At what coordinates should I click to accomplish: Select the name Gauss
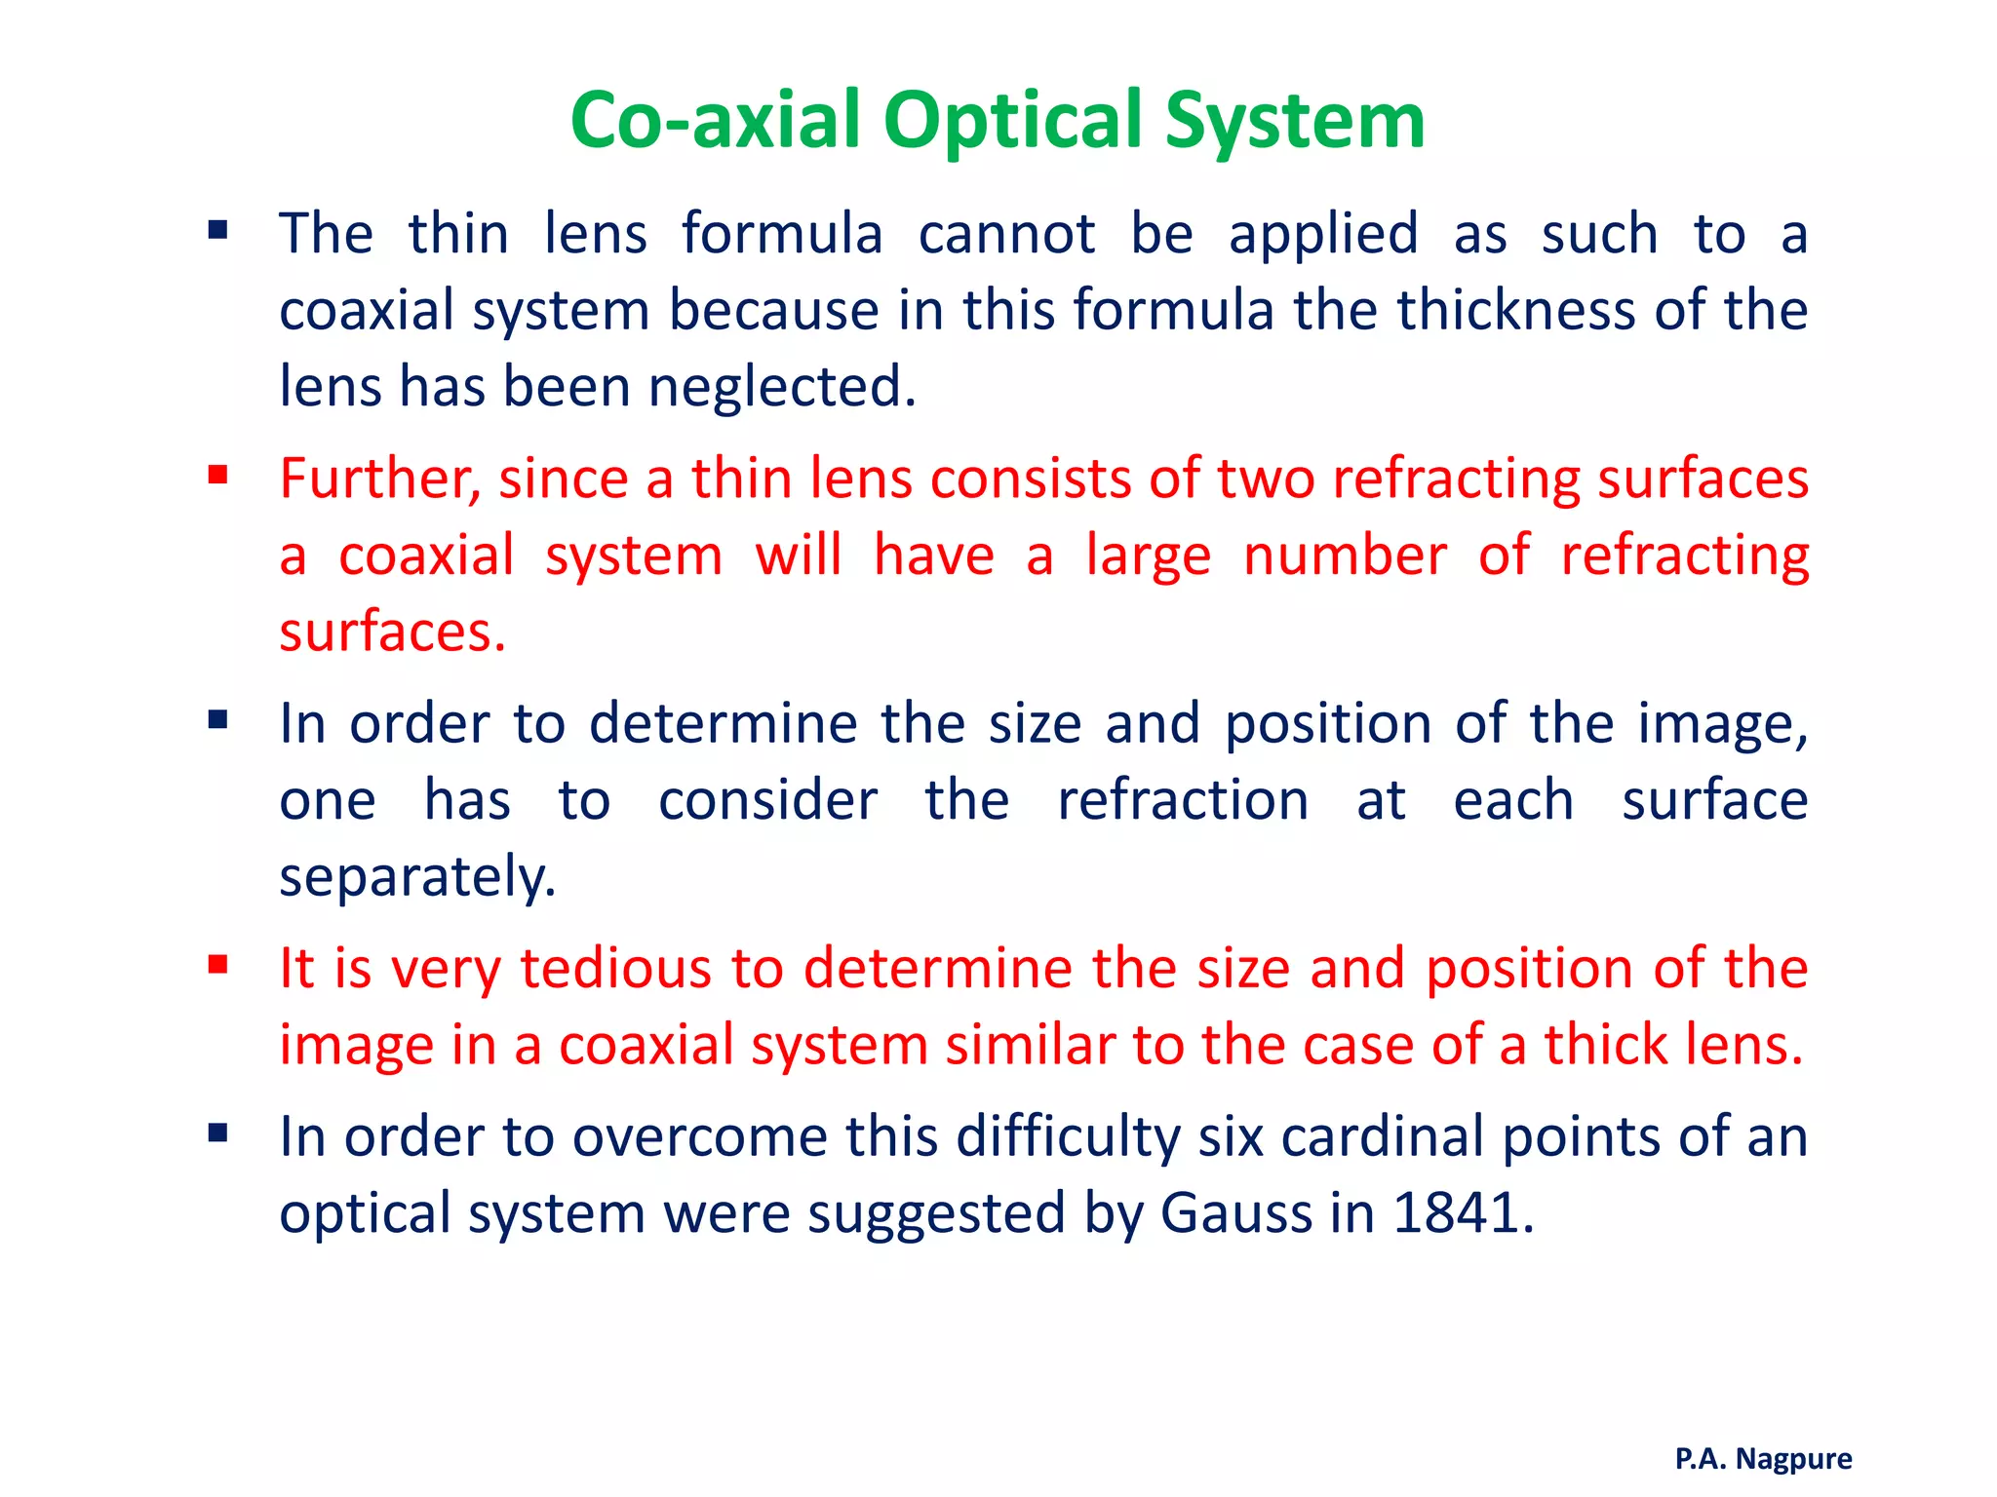click(1236, 1213)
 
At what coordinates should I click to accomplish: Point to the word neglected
click(782, 387)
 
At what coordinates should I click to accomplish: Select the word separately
click(417, 877)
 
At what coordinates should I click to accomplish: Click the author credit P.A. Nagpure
click(1763, 1458)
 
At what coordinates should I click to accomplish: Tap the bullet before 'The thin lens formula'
click(217, 231)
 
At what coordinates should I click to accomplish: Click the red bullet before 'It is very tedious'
click(217, 965)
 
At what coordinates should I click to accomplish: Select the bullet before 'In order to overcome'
click(217, 1133)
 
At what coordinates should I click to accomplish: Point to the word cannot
click(1006, 235)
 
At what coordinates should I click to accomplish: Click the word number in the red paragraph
click(1345, 557)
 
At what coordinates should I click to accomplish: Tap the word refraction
click(1183, 801)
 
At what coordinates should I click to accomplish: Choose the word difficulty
click(1068, 1137)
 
